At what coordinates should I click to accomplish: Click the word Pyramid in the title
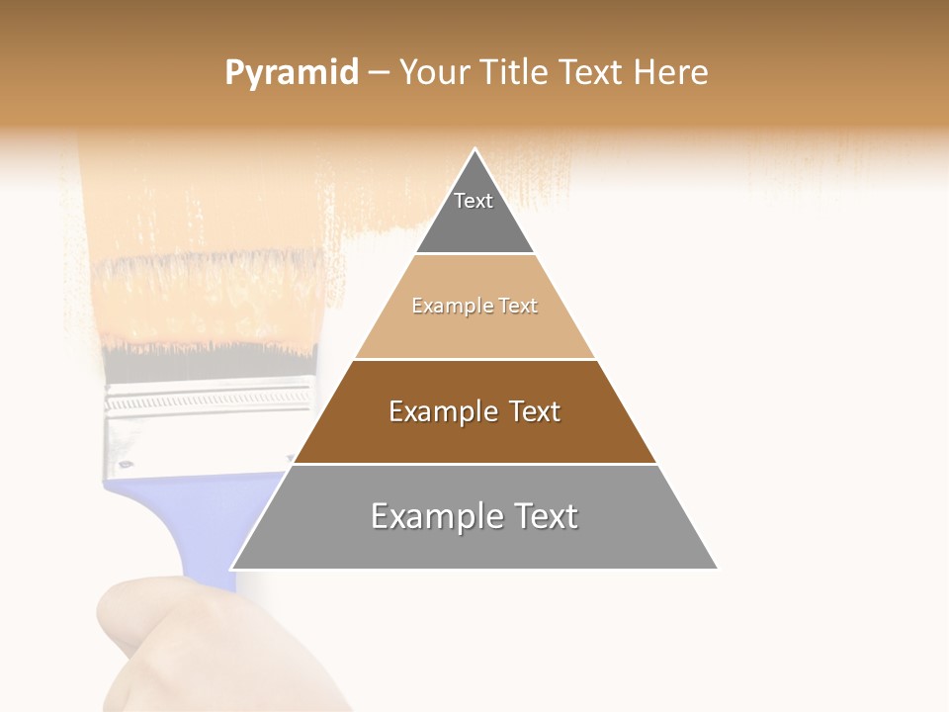(291, 73)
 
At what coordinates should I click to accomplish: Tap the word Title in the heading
(519, 73)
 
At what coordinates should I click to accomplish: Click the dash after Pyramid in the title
(379, 73)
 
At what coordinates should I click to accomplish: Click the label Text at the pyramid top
(474, 201)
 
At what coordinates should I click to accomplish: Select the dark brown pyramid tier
(474, 435)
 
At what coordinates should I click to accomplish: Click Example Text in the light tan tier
(474, 306)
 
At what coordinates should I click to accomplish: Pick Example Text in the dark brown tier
(474, 411)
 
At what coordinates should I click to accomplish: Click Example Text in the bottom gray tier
(474, 516)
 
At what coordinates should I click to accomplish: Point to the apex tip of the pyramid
(474, 150)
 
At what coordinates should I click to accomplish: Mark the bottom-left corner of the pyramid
(233, 568)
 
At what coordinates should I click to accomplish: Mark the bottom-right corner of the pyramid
(716, 568)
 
